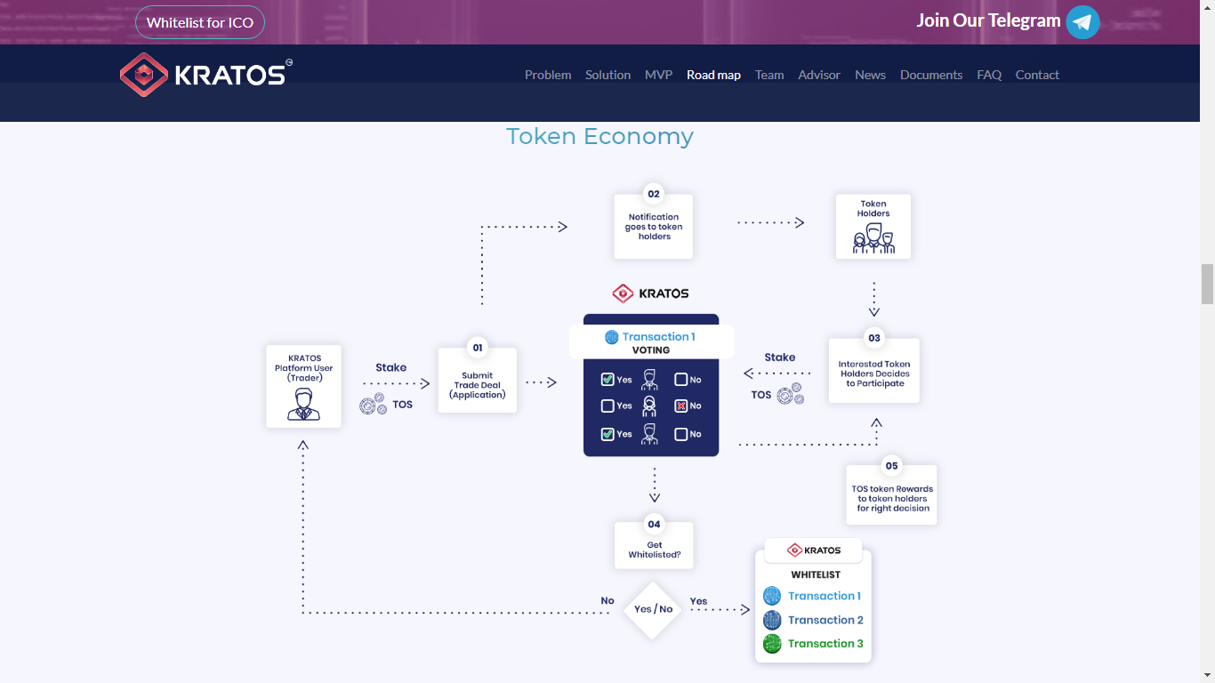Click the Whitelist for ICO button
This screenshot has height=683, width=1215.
199,22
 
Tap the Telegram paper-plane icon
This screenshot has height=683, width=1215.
1082,22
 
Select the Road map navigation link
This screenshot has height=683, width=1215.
713,75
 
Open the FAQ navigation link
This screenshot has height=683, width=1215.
989,75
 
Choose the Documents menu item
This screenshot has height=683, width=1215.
930,75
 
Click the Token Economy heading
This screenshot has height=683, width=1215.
599,136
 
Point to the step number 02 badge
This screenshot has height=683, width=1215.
654,194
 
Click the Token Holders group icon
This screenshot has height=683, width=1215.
873,238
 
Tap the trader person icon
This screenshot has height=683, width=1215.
303,404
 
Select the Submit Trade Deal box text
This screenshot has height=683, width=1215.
478,385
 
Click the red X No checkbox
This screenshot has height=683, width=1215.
680,406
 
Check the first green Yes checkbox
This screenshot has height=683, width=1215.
607,379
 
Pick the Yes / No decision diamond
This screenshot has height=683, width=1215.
653,610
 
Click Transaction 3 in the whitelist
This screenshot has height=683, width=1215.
825,643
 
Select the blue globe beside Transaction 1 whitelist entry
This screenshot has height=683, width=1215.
772,596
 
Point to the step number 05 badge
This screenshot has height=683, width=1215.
891,466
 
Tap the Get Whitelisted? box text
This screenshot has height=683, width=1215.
654,550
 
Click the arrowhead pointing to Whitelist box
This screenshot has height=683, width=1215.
746,610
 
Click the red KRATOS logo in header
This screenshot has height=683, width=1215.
144,75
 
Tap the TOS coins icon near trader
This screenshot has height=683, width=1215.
374,404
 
